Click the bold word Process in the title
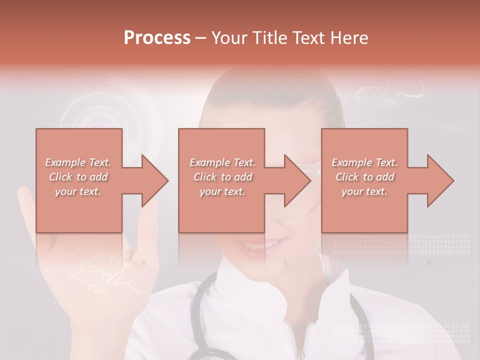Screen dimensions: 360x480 click(157, 38)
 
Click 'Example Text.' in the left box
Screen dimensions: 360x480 click(78, 162)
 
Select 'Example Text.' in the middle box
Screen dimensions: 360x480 click(222, 162)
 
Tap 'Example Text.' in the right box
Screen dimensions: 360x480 click(364, 162)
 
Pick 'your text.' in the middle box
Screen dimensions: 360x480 click(222, 191)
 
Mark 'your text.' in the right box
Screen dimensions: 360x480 click(364, 191)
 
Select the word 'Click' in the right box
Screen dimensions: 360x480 click(347, 177)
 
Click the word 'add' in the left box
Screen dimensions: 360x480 click(99, 177)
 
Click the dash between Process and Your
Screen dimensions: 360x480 click(201, 38)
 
